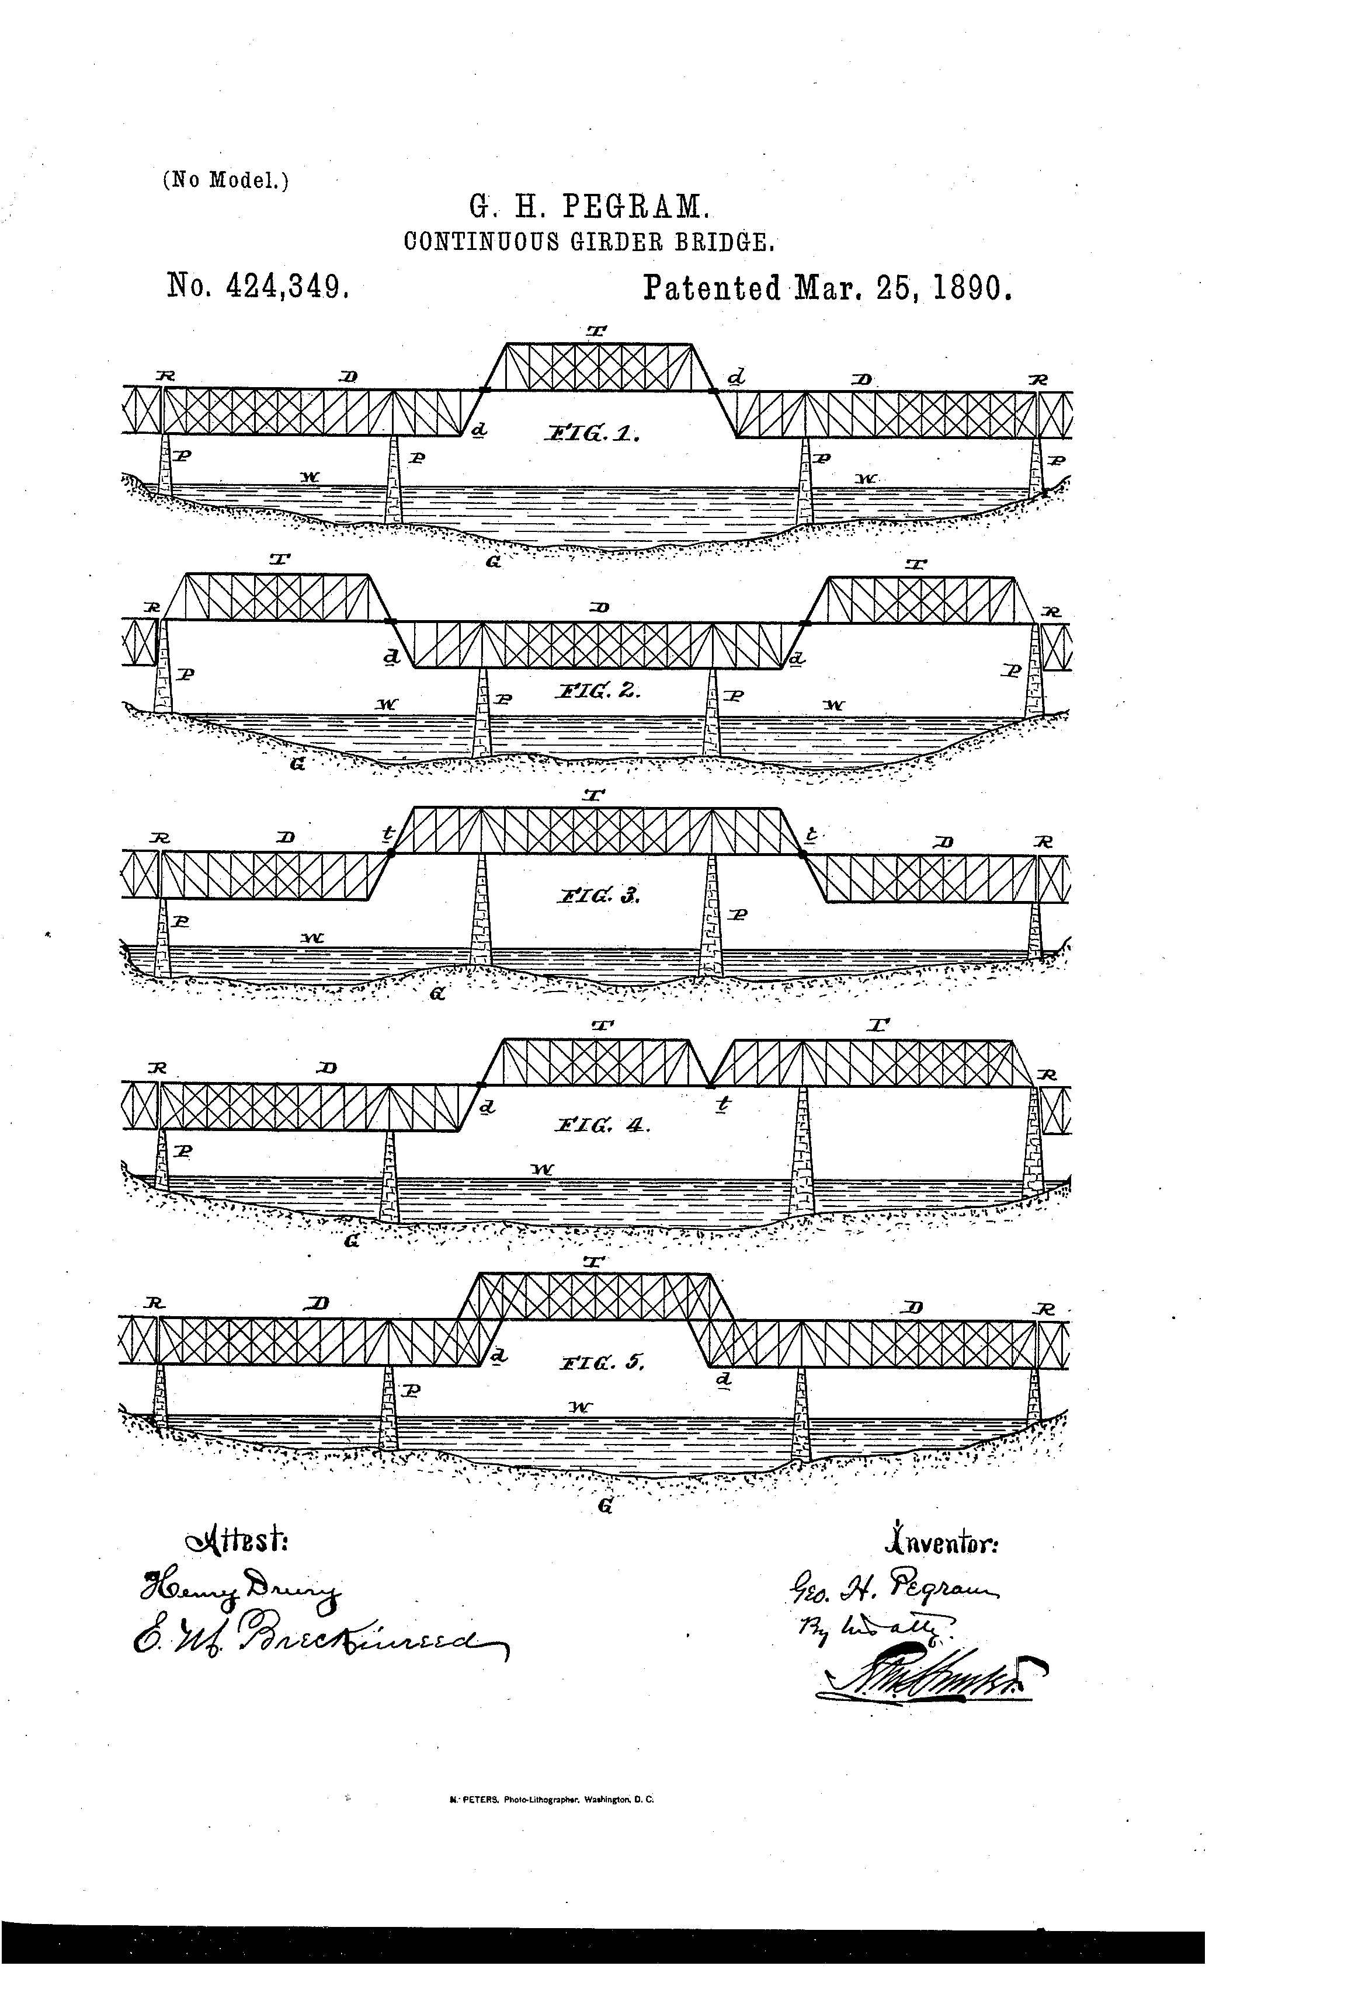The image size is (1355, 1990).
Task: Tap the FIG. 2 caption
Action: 597,690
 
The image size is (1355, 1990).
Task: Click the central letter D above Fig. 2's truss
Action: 600,607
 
